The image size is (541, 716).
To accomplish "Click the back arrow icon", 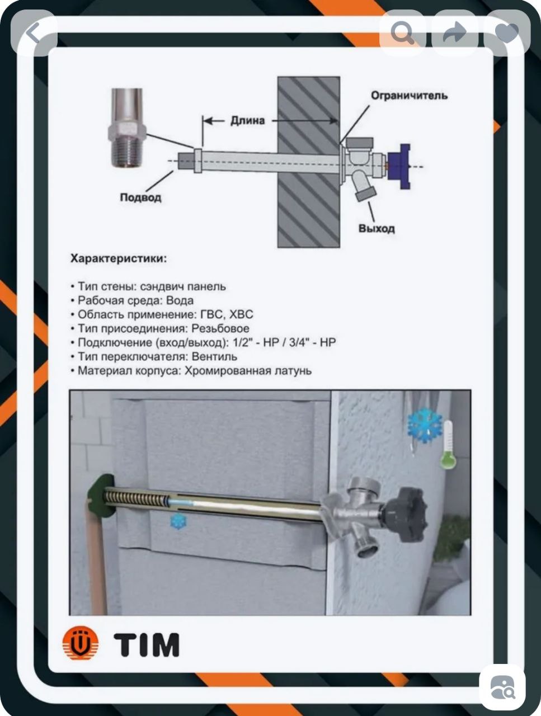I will (x=34, y=34).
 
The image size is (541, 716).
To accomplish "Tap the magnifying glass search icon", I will (x=402, y=34).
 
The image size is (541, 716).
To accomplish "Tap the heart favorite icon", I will (x=507, y=34).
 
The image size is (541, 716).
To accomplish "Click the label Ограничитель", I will (x=409, y=96).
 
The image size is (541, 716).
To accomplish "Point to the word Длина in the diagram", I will (x=247, y=120).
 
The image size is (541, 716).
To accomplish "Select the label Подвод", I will (x=140, y=197).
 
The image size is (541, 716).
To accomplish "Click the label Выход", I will (x=377, y=228).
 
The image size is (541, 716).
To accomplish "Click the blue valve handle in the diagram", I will (x=399, y=166).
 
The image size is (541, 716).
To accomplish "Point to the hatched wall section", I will (x=308, y=162).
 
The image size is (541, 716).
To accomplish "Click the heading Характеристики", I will (x=118, y=258).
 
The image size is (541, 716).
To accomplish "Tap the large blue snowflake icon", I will (x=425, y=426).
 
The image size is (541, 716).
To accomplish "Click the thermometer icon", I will (x=447, y=445).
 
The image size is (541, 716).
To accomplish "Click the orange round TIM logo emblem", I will (x=80, y=644).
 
